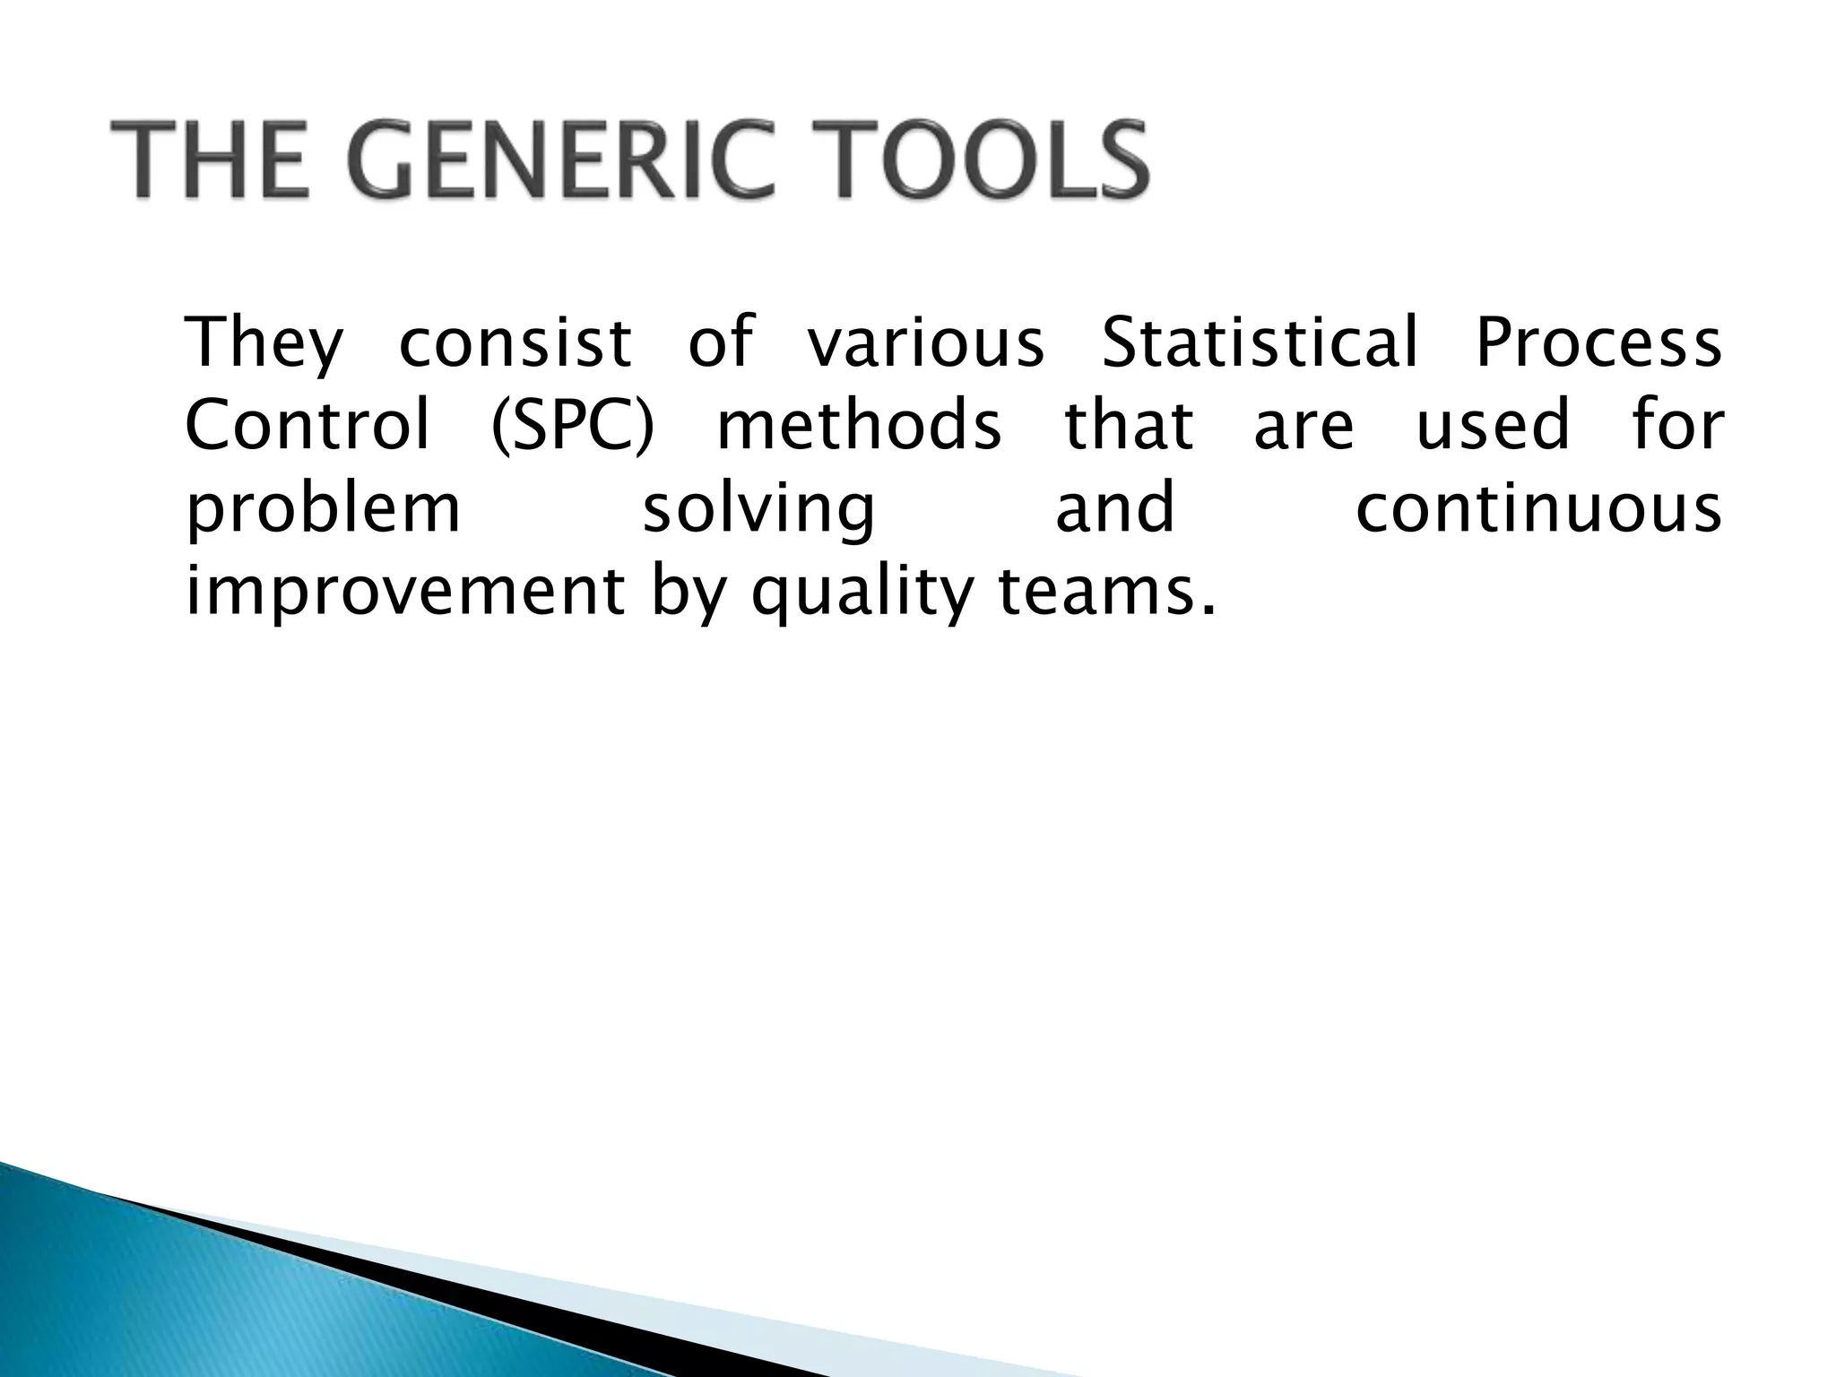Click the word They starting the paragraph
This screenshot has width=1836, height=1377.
point(264,343)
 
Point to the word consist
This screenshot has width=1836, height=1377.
point(515,343)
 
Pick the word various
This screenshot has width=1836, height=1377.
point(926,343)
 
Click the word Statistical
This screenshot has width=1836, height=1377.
point(1260,343)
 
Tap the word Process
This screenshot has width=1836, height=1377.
point(1598,343)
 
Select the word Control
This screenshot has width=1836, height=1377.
point(307,426)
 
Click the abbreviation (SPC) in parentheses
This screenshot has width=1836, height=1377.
point(575,426)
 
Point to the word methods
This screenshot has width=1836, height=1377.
point(859,426)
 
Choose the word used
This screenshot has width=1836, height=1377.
point(1493,426)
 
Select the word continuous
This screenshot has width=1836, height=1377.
point(1538,508)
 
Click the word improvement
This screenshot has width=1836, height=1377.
point(405,592)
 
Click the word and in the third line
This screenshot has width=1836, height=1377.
point(1114,508)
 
